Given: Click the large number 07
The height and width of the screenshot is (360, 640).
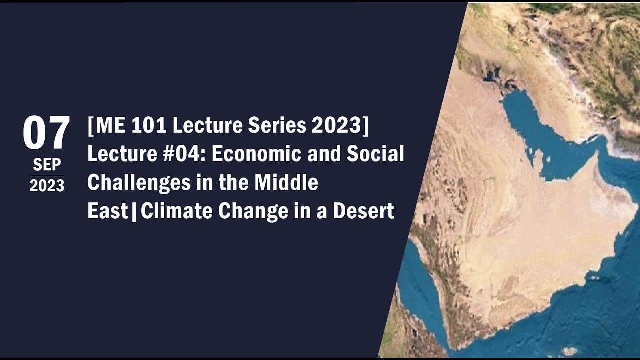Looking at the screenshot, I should click(46, 133).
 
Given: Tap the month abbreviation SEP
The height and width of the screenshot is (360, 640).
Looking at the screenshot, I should click(47, 164).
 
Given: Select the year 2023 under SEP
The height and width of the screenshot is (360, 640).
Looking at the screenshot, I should click(47, 185).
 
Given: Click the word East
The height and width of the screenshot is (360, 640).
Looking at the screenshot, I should click(107, 211).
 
